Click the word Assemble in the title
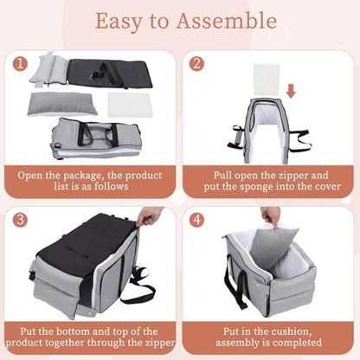(x=224, y=21)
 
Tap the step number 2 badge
(x=196, y=63)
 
